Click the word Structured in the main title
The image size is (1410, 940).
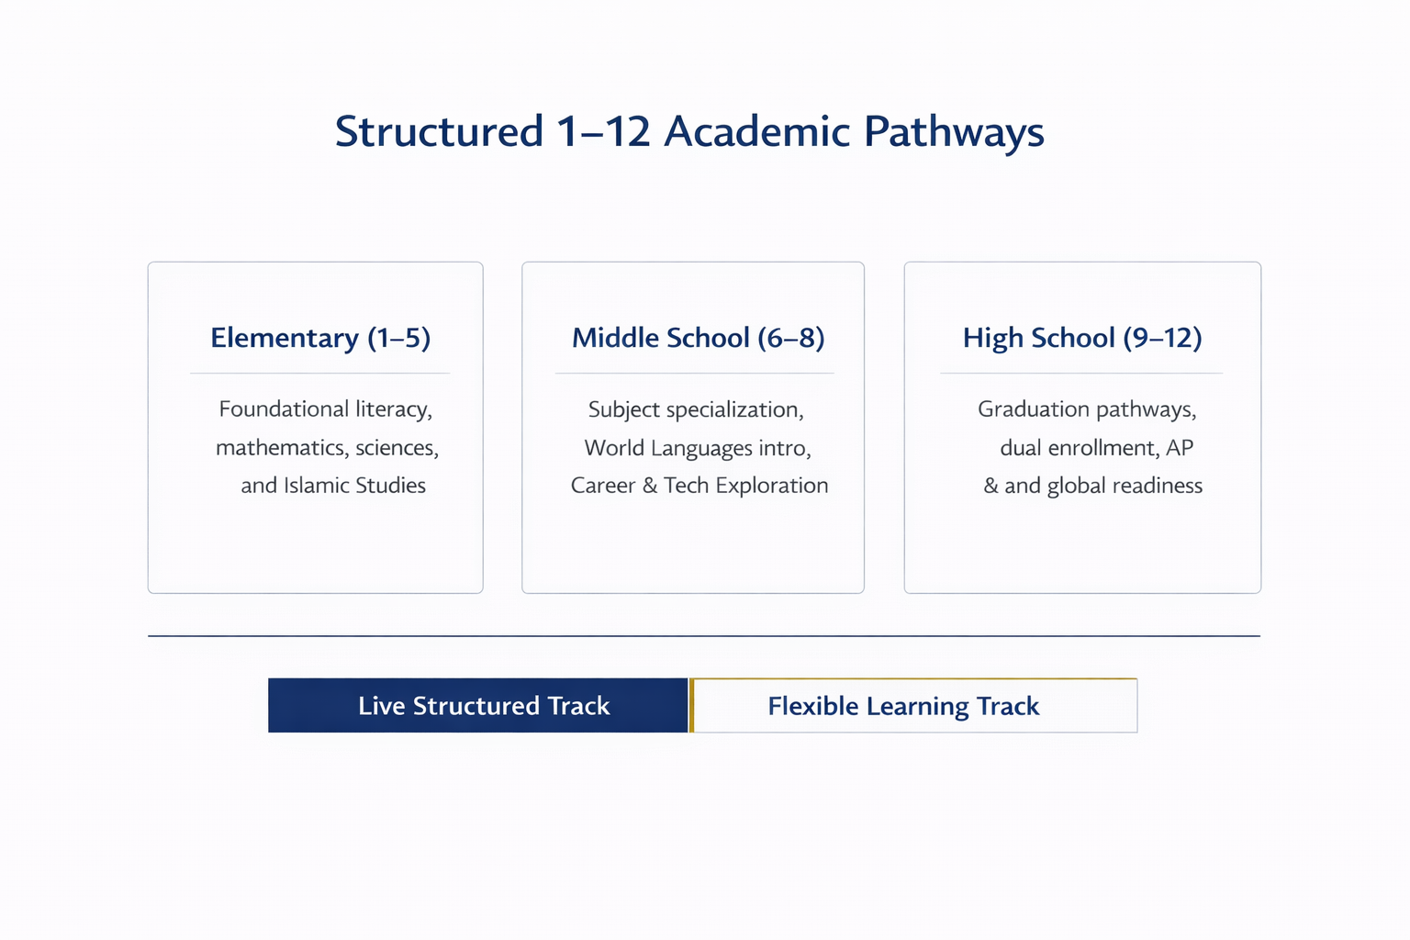(439, 131)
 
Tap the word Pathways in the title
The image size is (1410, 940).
(954, 133)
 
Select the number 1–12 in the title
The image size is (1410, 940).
(603, 131)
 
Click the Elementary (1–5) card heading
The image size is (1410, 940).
(320, 338)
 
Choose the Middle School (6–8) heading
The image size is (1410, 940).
(698, 338)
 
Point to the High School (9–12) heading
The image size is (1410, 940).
(1082, 338)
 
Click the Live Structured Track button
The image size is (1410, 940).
(477, 705)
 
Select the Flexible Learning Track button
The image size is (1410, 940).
(915, 705)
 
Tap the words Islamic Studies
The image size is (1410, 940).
(354, 486)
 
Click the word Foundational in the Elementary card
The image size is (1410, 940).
(284, 409)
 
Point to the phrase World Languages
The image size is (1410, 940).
(668, 448)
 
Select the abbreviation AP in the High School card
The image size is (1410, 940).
(1179, 448)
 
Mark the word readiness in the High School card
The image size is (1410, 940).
(1157, 486)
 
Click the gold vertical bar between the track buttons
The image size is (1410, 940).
(691, 705)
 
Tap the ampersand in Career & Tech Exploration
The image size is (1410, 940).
(650, 486)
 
